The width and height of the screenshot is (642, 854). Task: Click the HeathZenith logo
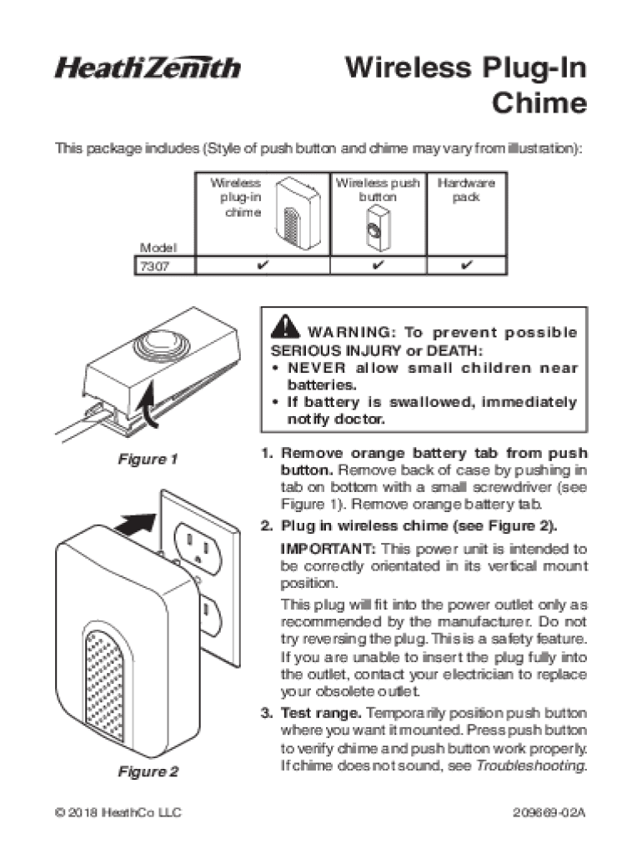pos(147,68)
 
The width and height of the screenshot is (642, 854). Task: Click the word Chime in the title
pos(539,103)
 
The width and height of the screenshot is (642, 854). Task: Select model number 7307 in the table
pos(154,266)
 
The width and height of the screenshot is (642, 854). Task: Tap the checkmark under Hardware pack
pos(467,265)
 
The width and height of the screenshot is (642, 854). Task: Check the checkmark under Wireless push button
pos(379,265)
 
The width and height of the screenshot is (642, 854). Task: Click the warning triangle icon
pos(285,327)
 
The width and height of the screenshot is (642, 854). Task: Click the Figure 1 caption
pos(148,460)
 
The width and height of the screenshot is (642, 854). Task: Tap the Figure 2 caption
pos(148,771)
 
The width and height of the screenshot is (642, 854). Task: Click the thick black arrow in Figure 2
pos(135,524)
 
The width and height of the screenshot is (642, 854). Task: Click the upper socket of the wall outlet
pos(198,549)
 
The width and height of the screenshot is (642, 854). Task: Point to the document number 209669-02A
pos(549,812)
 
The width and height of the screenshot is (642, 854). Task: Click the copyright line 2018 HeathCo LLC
pos(118,812)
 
